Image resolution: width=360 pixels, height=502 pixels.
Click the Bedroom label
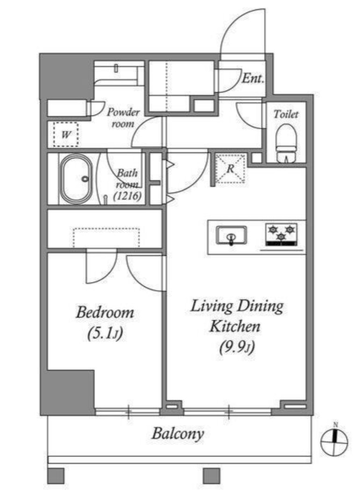coord(105,313)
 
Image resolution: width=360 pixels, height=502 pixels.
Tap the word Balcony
coord(178,434)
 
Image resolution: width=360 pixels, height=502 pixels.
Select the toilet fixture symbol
coord(286,143)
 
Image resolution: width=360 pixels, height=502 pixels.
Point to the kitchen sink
coord(231,236)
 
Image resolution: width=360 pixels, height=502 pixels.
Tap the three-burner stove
coord(281,235)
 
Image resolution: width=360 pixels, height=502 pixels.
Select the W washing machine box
coord(65,135)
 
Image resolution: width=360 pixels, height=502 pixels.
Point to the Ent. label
coord(253,78)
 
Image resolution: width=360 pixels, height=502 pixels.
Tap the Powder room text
coord(123,118)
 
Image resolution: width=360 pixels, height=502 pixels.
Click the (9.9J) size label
coord(237,347)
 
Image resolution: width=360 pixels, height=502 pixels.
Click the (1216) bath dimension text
coord(128,196)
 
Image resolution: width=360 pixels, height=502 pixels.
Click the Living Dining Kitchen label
coord(237,316)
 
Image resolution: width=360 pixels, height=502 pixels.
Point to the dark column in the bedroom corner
coord(71,392)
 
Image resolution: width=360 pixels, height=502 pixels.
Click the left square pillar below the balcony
coord(56,476)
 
